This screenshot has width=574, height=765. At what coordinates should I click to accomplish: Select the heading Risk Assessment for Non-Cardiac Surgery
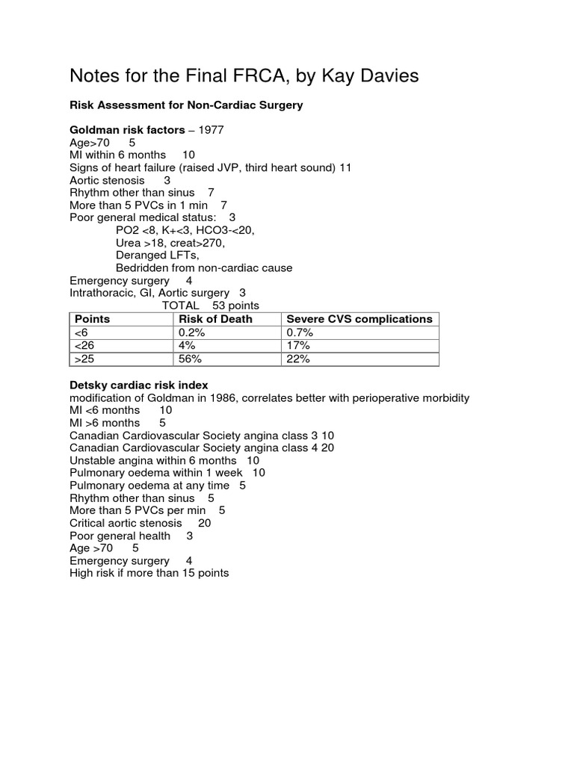pos(186,105)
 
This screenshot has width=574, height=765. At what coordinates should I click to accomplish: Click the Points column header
pos(92,319)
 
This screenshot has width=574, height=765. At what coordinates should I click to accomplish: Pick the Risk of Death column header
pos(215,319)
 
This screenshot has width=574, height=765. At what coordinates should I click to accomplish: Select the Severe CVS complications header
pos(359,319)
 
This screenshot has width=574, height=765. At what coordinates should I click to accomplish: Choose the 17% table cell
pos(298,346)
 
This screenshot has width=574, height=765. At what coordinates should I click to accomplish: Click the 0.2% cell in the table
pos(192,332)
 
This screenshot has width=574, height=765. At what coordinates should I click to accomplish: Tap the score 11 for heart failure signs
pos(345,168)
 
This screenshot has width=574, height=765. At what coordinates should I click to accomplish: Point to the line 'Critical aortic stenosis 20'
pos(140,523)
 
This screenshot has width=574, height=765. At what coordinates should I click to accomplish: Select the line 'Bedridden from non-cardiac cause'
pos(204,267)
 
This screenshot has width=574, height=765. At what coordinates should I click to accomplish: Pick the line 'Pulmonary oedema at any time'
pos(157,486)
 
